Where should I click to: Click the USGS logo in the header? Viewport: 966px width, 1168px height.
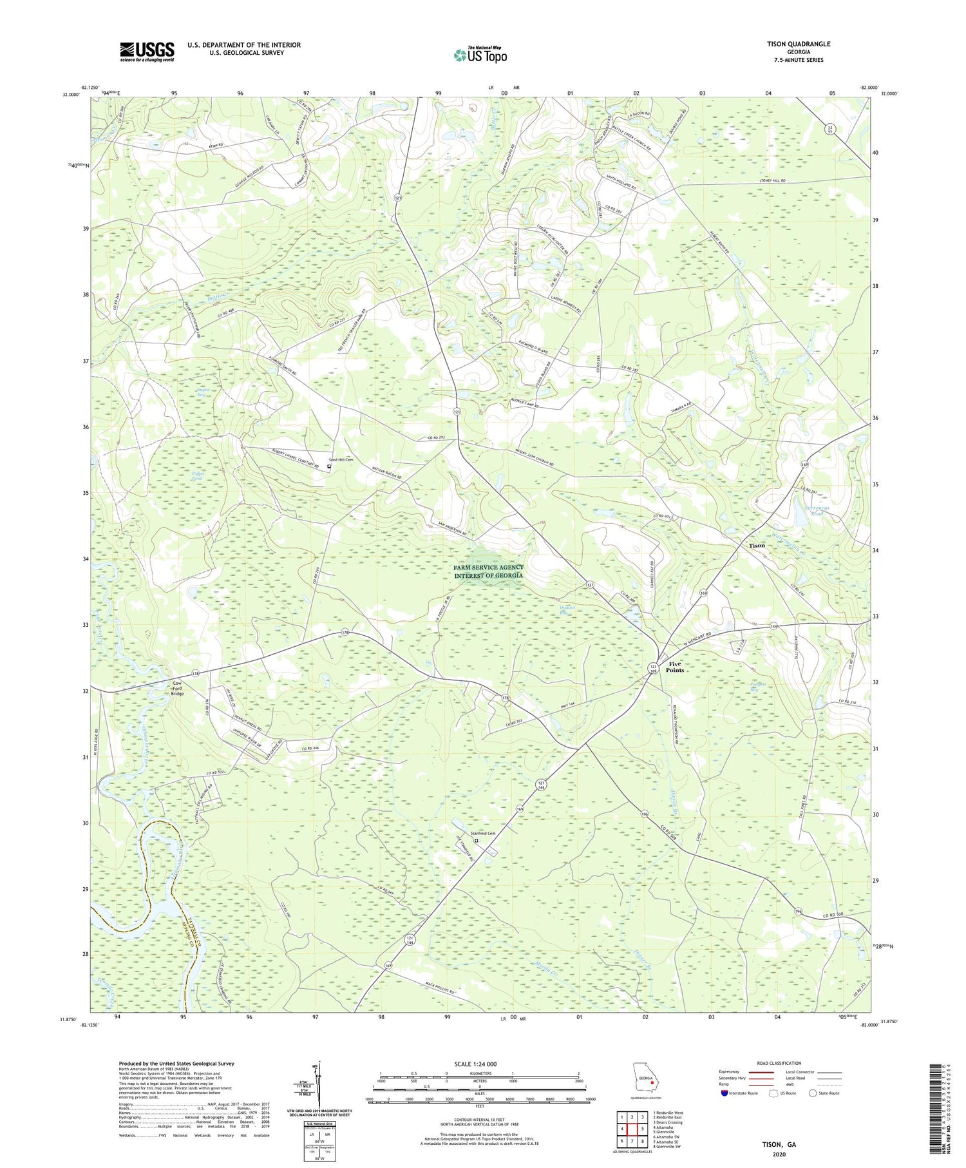(147, 52)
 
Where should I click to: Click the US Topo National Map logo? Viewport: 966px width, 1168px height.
(480, 55)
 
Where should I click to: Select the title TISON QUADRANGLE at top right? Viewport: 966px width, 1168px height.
(798, 44)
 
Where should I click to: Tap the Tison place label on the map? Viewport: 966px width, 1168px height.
(757, 545)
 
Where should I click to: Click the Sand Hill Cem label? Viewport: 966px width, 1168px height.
(341, 459)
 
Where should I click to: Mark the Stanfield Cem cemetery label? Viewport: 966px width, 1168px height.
(491, 833)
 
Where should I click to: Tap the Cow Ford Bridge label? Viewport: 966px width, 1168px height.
(177, 689)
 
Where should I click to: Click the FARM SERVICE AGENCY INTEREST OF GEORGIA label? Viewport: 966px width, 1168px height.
(488, 571)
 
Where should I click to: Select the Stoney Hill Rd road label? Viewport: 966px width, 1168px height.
(773, 182)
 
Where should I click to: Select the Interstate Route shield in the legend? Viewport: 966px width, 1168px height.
(724, 1093)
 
